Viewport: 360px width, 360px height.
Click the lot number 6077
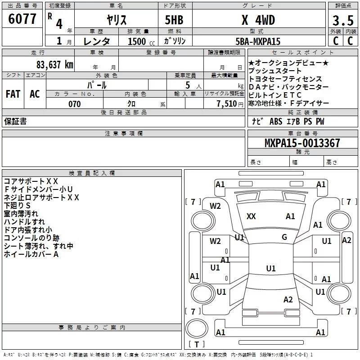(22, 19)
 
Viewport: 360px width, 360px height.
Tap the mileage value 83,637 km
(53, 65)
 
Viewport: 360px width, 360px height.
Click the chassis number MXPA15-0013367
(302, 144)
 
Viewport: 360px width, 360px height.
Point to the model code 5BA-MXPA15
(257, 41)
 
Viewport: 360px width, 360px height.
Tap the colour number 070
(74, 104)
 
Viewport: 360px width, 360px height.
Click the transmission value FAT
(13, 94)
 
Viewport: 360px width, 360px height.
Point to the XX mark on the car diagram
(251, 216)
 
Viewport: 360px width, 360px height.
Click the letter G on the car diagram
(284, 237)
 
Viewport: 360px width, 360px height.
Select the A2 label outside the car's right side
(346, 240)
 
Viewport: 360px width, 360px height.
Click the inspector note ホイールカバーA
(31, 254)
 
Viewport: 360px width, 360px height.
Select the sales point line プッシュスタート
(275, 71)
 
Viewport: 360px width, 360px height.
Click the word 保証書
(15, 121)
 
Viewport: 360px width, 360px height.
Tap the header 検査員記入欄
(92, 173)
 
